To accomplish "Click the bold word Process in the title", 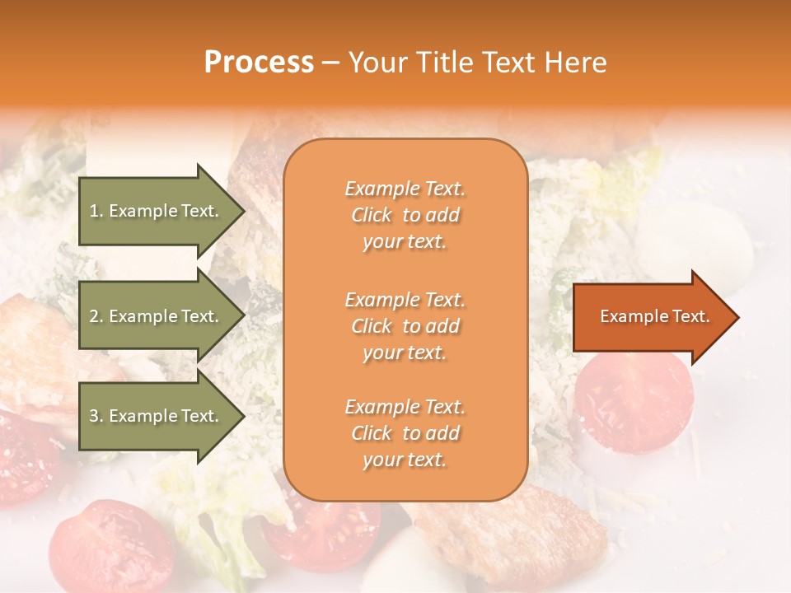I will click(259, 63).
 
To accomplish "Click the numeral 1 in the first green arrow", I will click(93, 211).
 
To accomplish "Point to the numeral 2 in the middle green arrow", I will click(94, 316).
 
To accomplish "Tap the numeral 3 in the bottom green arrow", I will click(94, 416).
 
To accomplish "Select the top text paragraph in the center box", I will click(405, 215).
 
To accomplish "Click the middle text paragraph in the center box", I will click(405, 326).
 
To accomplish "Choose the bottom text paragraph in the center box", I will click(405, 433).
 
